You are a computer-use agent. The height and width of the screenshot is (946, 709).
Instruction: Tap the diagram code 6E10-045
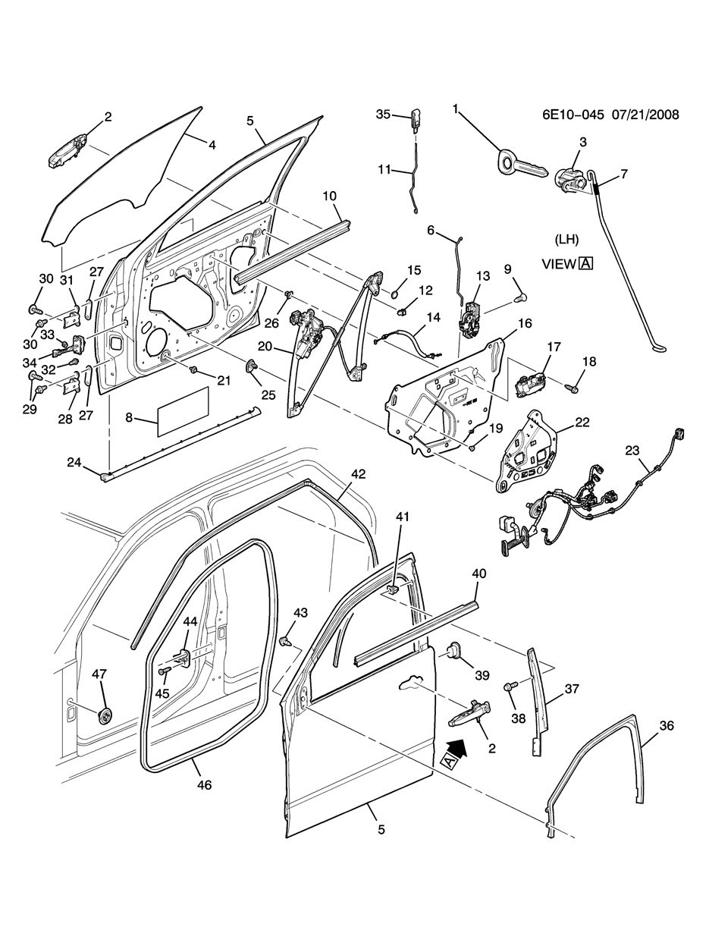pos(573,115)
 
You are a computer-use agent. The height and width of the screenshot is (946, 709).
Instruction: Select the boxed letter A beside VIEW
pos(585,264)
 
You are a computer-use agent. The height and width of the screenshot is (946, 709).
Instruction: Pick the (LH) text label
pos(566,240)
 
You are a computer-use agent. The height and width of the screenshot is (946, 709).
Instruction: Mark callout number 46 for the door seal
pos(205,784)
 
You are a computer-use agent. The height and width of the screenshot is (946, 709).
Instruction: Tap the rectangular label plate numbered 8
pos(183,412)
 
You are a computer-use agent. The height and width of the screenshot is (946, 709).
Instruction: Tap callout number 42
pos(358,474)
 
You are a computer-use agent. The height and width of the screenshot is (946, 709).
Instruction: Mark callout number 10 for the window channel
pos(329,196)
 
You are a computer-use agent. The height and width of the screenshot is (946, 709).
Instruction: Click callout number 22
pos(582,422)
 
